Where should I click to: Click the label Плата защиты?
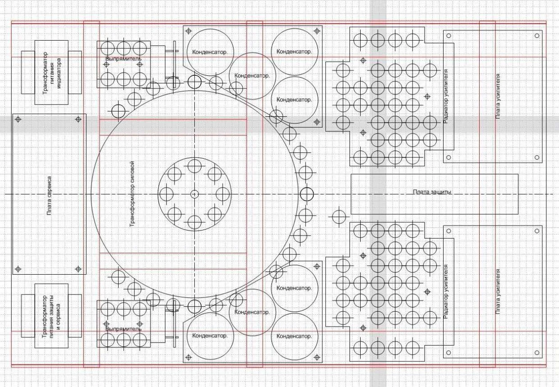point(432,192)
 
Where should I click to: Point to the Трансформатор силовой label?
point(132,194)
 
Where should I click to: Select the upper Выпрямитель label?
point(123,59)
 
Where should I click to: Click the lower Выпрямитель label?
point(123,329)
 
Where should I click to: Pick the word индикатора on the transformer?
point(59,74)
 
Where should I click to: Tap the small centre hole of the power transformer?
point(194,194)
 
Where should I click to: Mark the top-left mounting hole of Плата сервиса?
point(18,120)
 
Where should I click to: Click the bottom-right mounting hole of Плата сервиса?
point(78,269)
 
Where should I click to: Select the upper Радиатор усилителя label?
point(446,96)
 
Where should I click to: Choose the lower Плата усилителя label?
point(498,291)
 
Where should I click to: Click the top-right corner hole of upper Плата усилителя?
point(537,36)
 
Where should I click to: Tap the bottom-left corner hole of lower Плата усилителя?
point(449,353)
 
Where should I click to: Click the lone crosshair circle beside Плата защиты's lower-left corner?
point(339,217)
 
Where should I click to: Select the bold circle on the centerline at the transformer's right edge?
point(307,194)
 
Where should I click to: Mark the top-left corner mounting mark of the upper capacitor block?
point(188,31)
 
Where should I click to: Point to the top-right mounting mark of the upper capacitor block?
point(317,31)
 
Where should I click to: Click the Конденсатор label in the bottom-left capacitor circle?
point(210,336)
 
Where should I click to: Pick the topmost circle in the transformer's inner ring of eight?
point(194,166)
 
